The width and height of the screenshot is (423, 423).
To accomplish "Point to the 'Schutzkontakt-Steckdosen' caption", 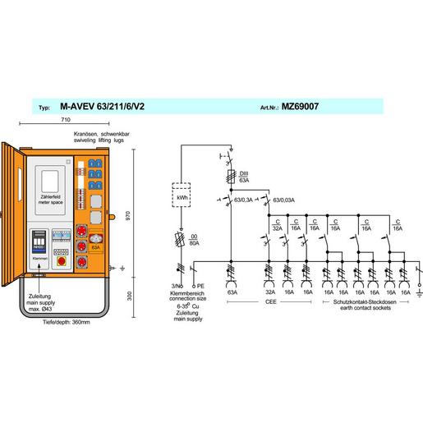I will click(361, 301).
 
